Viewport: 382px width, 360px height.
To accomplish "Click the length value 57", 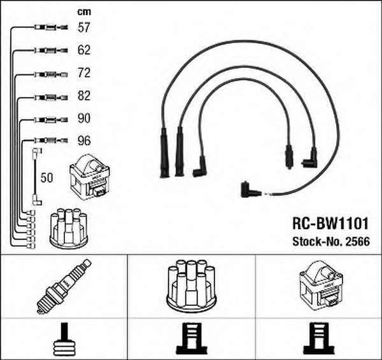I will pos(84,27).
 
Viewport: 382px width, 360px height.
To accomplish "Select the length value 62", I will pos(84,50).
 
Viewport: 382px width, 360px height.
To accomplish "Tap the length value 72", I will pos(84,73).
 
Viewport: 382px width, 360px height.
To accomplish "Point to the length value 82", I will pos(84,96).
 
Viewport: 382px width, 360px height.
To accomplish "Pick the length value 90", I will pos(84,118).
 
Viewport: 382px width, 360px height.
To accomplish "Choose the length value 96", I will pos(84,141).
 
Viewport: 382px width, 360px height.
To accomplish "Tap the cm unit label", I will pos(83,11).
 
